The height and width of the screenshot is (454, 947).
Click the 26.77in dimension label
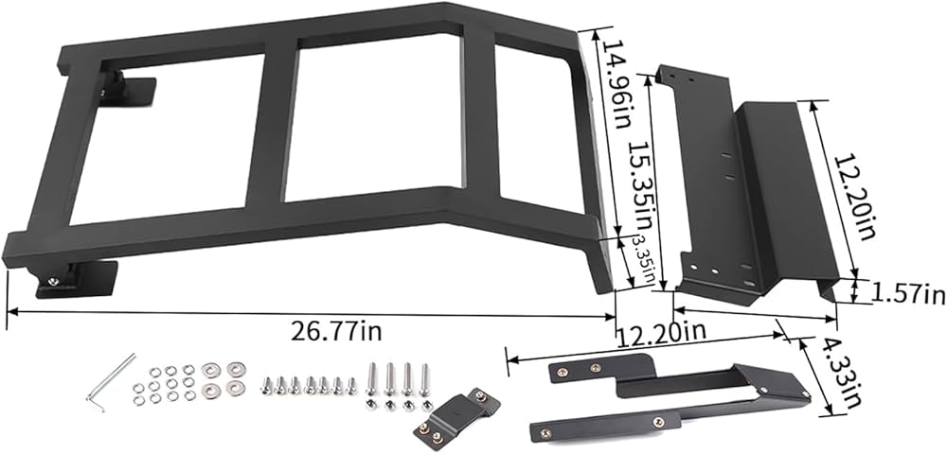(x=336, y=331)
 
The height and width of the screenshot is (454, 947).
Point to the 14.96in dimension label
(x=616, y=85)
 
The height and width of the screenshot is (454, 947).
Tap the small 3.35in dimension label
(x=642, y=259)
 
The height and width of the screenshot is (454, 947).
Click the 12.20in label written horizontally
(x=660, y=332)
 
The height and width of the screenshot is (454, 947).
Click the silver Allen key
(x=111, y=382)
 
